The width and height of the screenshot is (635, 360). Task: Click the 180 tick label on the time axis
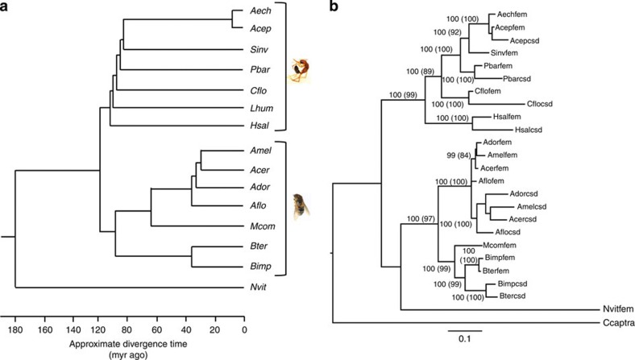(x=15, y=329)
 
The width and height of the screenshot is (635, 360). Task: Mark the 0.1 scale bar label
(x=466, y=339)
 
